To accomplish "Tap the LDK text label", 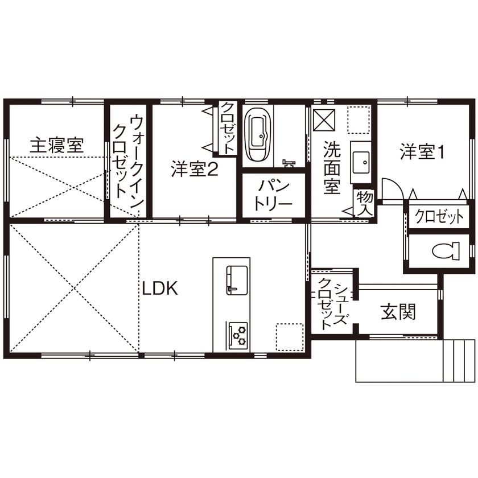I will (160, 289).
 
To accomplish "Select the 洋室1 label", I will (421, 152).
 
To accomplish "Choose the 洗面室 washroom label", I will (331, 168).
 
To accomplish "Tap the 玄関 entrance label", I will (398, 311).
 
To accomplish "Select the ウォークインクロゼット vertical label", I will (129, 157).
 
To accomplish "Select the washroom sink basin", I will (361, 163).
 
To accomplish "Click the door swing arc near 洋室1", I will (393, 189).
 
